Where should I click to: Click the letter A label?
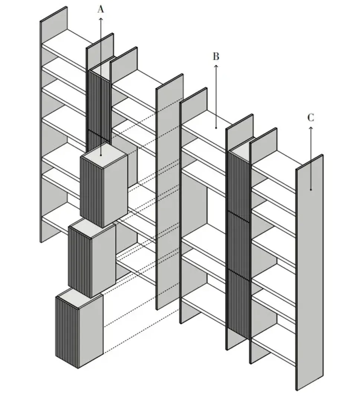(x=101, y=9)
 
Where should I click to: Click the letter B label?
(x=216, y=56)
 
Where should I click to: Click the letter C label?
(x=311, y=117)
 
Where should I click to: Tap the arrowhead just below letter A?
(x=101, y=19)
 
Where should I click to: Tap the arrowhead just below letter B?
(x=216, y=66)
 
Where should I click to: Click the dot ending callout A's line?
(x=101, y=155)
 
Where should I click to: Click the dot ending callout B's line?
(x=216, y=128)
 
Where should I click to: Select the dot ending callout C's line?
(x=311, y=189)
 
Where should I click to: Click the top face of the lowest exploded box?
(x=79, y=298)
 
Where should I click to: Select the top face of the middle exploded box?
(x=92, y=229)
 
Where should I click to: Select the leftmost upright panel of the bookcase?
(x=54, y=124)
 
